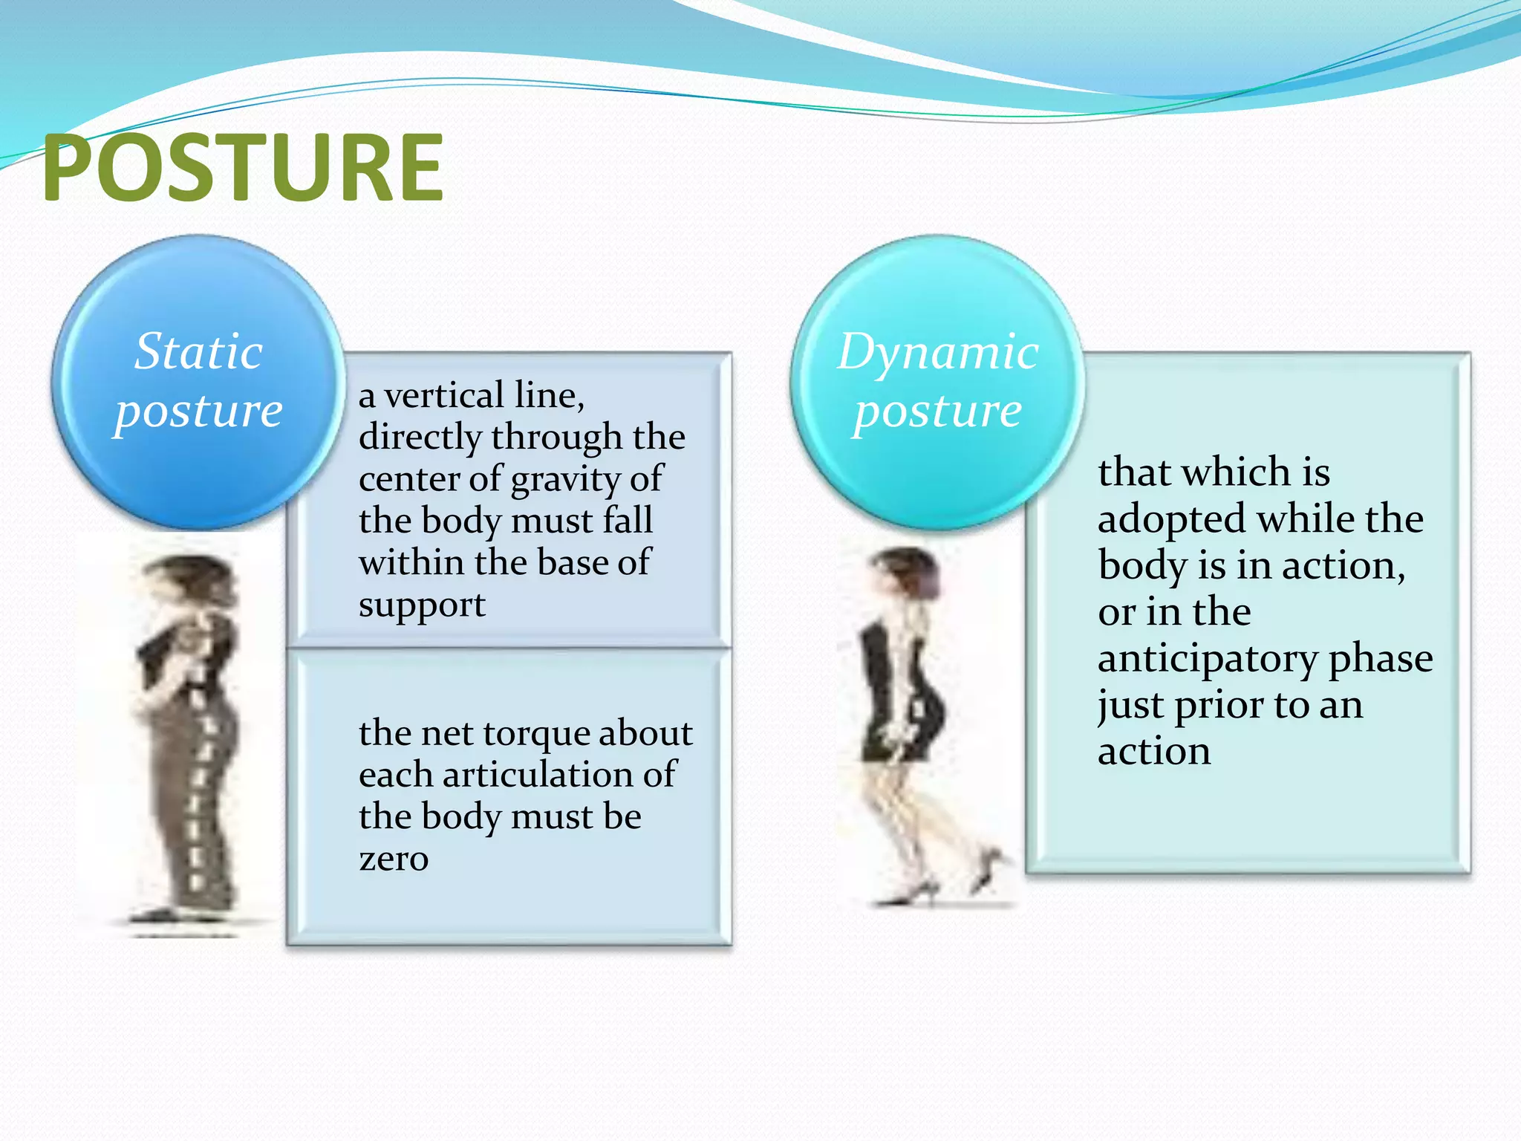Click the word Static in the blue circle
tap(198, 351)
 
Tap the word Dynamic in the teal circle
tap(937, 351)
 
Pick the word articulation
tap(538, 775)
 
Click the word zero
tap(394, 859)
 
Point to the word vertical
tap(443, 395)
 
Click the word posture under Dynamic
tap(937, 411)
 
